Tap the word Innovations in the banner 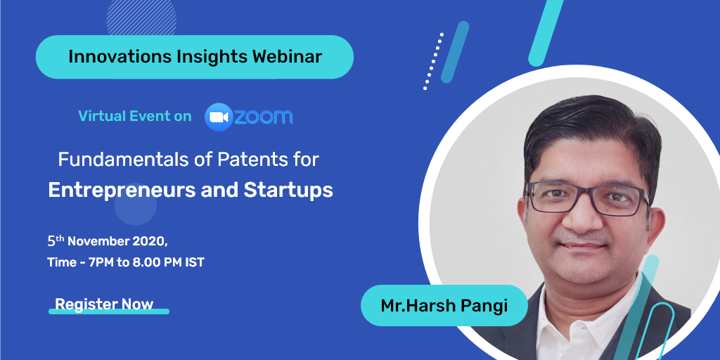point(120,56)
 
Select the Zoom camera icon point(219,117)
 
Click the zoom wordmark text point(264,117)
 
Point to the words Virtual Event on point(135,116)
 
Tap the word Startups point(288,190)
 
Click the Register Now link point(104,304)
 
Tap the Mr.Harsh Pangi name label point(444,305)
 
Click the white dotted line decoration point(433,61)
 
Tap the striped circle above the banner point(141,18)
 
